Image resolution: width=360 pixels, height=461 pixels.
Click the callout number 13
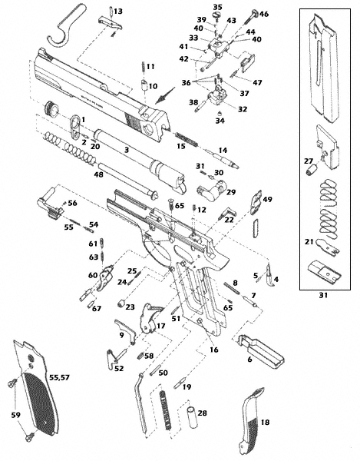[117, 11]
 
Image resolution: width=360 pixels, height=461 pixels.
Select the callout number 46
[264, 14]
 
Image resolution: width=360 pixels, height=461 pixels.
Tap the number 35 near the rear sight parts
[217, 7]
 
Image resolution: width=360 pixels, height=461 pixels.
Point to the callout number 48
[99, 174]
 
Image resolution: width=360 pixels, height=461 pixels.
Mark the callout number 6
[249, 359]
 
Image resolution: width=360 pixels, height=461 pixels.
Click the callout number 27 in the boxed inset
[308, 161]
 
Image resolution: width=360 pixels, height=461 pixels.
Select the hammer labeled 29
[210, 187]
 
